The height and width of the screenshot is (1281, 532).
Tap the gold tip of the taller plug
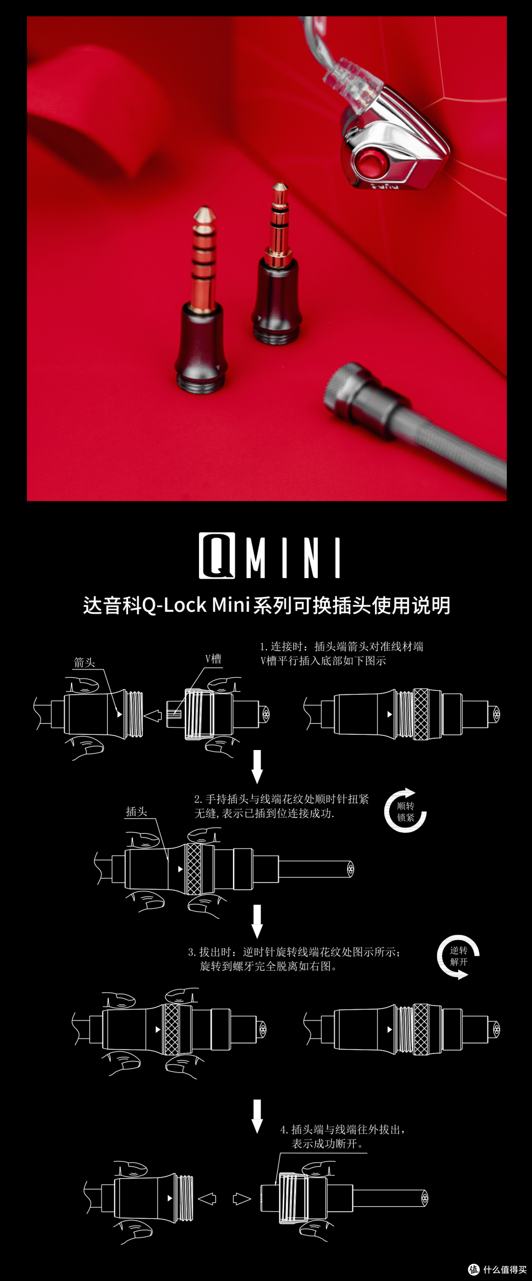pyautogui.click(x=202, y=215)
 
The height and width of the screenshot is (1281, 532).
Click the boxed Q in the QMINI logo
pyautogui.click(x=217, y=556)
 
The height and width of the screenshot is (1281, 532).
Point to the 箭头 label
pyautogui.click(x=84, y=662)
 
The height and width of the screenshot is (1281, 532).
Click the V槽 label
pyautogui.click(x=213, y=659)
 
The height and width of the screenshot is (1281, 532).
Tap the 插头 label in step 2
pyautogui.click(x=136, y=812)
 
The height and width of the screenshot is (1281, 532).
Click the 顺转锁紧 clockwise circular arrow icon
pyautogui.click(x=405, y=811)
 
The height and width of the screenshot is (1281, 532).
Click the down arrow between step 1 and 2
pyautogui.click(x=257, y=766)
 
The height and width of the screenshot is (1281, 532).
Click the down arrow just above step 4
pyautogui.click(x=257, y=1116)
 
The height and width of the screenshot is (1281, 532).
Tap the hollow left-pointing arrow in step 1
pyautogui.click(x=153, y=716)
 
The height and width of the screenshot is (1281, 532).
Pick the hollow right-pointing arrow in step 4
pyautogui.click(x=242, y=1199)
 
